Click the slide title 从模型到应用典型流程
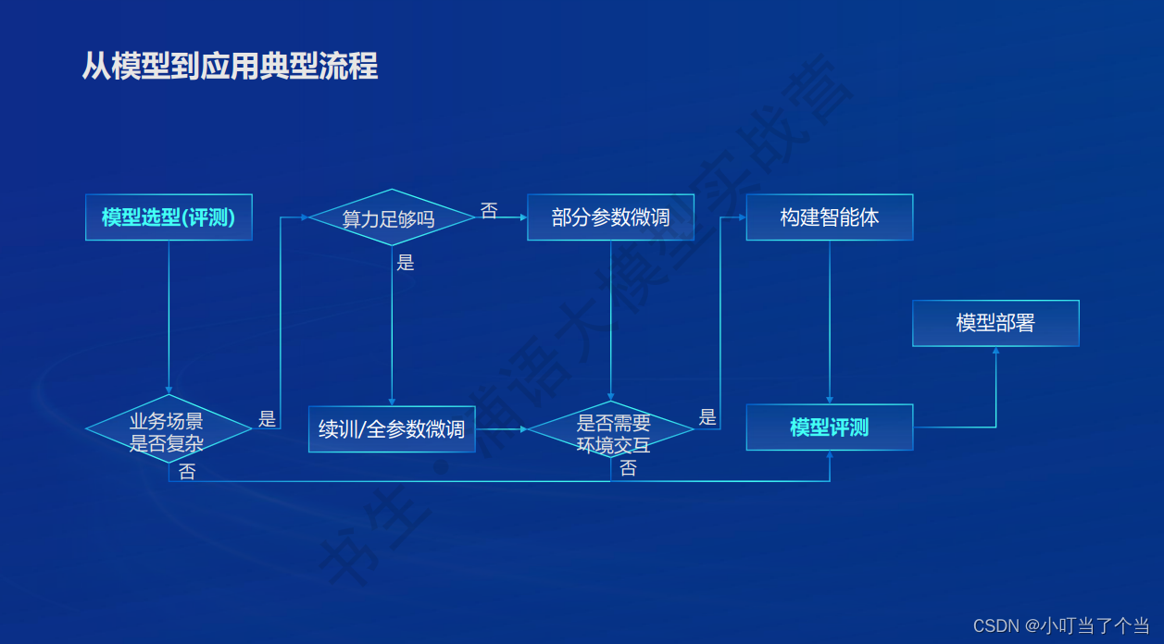tap(230, 67)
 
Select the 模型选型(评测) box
tap(169, 217)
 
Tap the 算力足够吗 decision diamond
tap(391, 218)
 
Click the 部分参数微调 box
tap(610, 217)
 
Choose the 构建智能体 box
tap(829, 217)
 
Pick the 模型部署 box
tap(995, 323)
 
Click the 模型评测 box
tap(829, 427)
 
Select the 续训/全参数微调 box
tap(391, 429)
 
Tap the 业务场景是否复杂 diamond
tap(169, 430)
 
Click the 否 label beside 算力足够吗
tap(489, 211)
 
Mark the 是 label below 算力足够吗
tap(405, 262)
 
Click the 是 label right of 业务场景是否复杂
tap(267, 418)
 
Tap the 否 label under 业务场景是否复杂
tap(187, 472)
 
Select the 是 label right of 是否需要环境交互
tap(707, 417)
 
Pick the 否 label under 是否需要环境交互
tap(628, 468)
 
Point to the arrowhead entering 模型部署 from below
tap(996, 351)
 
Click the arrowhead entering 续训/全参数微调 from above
tap(392, 402)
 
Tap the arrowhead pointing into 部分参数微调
tap(523, 218)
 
